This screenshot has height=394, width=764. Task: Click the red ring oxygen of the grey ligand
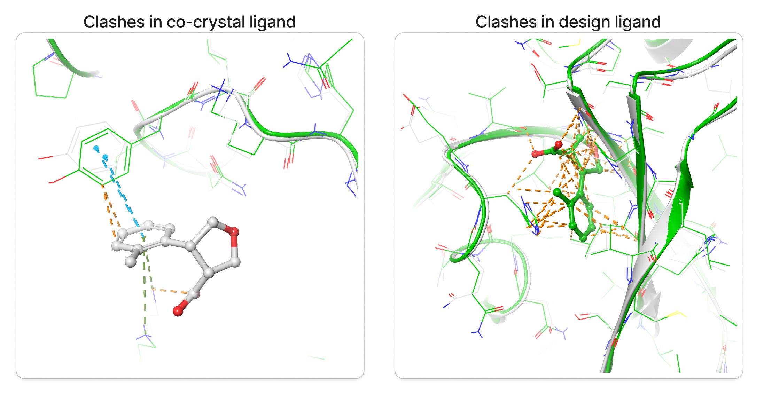point(234,231)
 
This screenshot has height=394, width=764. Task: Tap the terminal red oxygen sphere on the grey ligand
point(178,311)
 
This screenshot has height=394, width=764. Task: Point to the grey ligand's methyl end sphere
point(131,261)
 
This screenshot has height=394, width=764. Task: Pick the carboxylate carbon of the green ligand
point(554,151)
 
